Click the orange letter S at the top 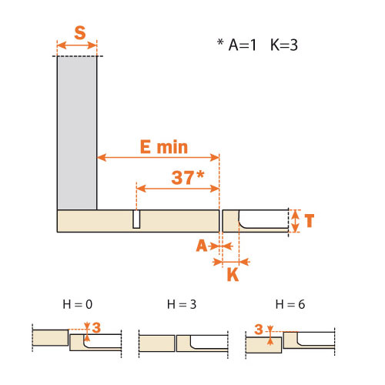point(80,33)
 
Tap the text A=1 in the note point(243,45)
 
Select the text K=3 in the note point(284,45)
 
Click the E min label point(164,147)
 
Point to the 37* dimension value point(188,177)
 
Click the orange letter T point(310,221)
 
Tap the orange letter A point(202,246)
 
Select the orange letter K point(233,275)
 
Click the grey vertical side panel point(77,132)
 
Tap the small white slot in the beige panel point(136,219)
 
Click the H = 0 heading point(78,304)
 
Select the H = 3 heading point(182,304)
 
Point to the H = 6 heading point(290,304)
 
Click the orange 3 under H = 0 point(96,328)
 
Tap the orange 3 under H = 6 point(259,330)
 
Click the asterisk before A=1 point(220,42)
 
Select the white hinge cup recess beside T point(263,219)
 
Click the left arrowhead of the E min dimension point(102,157)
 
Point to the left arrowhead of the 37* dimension point(141,189)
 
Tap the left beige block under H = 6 point(263,345)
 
